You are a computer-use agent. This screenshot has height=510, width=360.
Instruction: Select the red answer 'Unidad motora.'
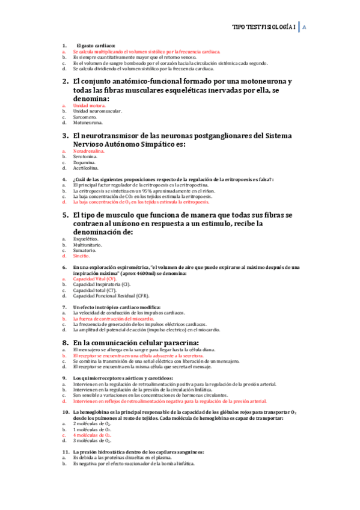89,105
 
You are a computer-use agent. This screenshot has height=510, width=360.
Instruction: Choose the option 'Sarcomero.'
85,117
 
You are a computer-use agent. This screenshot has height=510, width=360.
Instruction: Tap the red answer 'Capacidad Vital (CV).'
95,278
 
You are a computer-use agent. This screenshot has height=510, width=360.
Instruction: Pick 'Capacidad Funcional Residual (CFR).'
111,296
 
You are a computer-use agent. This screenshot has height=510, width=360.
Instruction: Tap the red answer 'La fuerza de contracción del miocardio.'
114,319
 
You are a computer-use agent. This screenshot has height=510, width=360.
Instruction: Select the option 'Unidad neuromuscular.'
97,111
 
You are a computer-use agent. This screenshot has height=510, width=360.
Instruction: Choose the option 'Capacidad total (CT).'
94,290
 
